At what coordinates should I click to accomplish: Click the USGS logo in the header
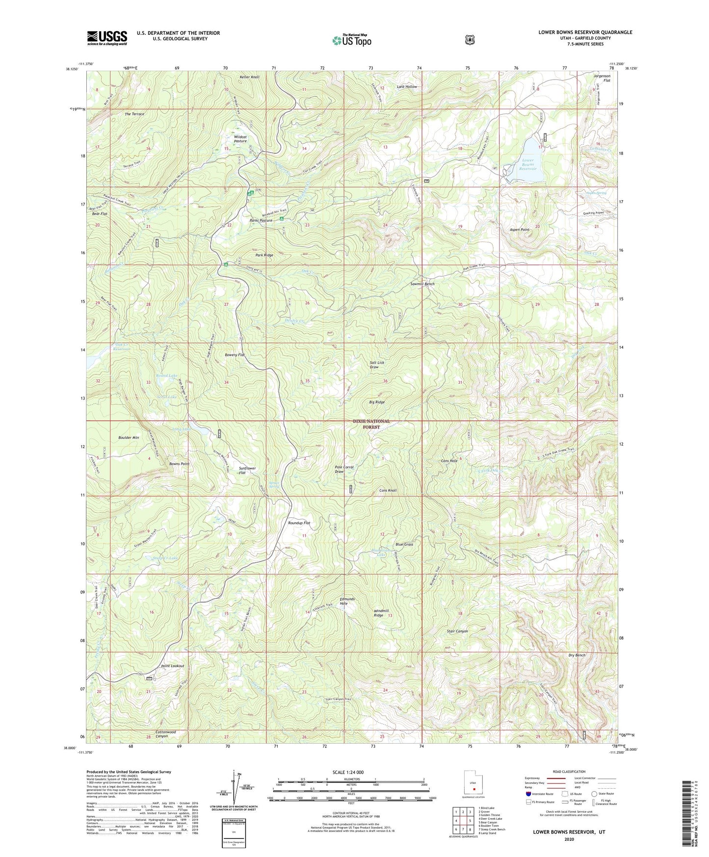[x=107, y=38]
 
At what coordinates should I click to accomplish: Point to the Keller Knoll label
[x=249, y=77]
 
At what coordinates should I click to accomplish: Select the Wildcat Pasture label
[x=240, y=138]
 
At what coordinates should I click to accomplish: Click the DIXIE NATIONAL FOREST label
[x=371, y=424]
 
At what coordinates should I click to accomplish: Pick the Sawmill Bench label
[x=422, y=284]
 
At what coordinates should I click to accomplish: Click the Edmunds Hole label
[x=347, y=601]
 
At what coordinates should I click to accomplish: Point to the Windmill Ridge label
[x=378, y=613]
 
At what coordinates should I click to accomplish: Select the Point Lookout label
[x=172, y=666]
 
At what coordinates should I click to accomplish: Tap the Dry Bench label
[x=577, y=655]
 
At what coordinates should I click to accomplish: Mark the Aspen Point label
[x=520, y=230]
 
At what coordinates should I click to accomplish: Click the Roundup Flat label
[x=299, y=523]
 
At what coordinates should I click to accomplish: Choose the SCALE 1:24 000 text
[x=348, y=772]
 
